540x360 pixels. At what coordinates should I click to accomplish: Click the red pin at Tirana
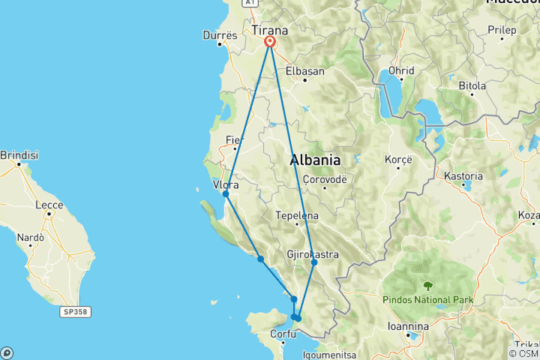click(268, 43)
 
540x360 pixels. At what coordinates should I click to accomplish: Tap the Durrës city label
click(220, 34)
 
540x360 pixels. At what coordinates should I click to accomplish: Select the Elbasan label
click(305, 71)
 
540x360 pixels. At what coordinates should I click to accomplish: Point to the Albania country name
click(315, 160)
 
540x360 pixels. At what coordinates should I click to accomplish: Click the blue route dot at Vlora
click(226, 194)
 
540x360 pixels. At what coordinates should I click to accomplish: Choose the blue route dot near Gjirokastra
click(314, 262)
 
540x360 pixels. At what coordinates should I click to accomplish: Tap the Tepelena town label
click(298, 216)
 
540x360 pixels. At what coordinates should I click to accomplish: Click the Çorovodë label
click(324, 178)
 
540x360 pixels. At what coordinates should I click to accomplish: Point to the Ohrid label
click(401, 70)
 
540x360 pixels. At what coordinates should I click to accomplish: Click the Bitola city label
click(472, 85)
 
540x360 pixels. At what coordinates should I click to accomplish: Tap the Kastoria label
click(463, 176)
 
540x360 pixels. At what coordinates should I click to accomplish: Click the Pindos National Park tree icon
click(427, 285)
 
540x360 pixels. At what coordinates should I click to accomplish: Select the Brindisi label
click(19, 155)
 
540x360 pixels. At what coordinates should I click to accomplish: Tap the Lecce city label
click(49, 203)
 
